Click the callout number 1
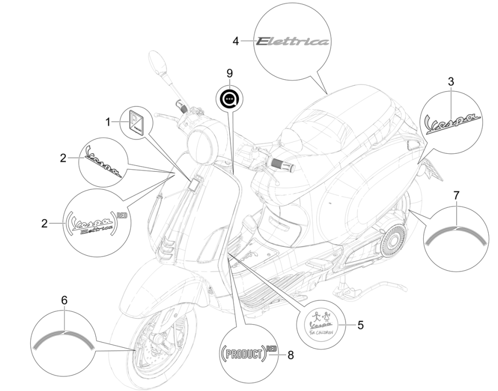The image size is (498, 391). click(x=108, y=109)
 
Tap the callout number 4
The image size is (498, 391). click(x=235, y=41)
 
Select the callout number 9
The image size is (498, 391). click(x=230, y=74)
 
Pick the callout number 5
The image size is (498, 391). click(x=360, y=325)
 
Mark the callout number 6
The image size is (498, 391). click(x=64, y=299)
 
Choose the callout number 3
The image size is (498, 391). click(x=451, y=81)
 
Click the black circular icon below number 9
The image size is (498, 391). click(x=229, y=98)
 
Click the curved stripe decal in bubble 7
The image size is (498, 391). click(x=456, y=232)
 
